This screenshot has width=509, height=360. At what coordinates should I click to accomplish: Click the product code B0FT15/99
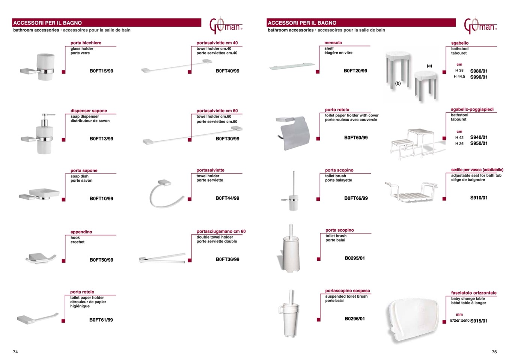101,71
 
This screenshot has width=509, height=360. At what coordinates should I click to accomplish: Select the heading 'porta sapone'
84,170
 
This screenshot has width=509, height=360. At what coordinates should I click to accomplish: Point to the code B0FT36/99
227,259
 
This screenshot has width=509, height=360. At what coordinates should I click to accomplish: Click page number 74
15,352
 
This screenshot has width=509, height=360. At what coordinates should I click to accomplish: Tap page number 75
494,352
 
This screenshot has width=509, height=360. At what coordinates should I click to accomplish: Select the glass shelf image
292,66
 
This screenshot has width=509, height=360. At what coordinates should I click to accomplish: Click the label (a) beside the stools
429,66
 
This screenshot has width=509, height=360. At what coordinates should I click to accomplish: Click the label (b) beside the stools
398,83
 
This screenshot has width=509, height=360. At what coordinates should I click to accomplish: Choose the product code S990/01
479,77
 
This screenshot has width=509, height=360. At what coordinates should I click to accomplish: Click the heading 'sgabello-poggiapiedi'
472,109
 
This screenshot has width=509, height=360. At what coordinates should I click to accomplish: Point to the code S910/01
479,198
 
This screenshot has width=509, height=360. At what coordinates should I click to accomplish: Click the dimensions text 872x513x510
460,321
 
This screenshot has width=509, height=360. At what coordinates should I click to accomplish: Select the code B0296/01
355,319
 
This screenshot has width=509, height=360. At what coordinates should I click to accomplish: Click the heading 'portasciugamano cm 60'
221,231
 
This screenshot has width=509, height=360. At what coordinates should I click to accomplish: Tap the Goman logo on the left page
226,26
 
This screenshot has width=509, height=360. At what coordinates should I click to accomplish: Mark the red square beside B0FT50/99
64,261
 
